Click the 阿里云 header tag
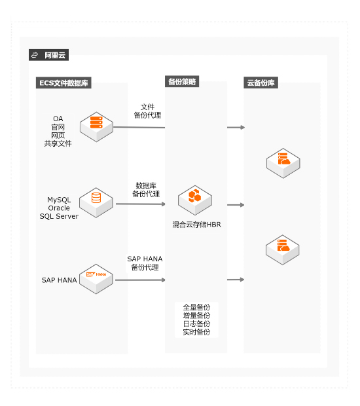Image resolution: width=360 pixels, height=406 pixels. [48, 55]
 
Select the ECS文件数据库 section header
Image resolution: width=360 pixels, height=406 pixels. [63, 83]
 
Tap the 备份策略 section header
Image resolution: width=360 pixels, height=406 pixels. [182, 82]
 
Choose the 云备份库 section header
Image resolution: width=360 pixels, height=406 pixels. [261, 83]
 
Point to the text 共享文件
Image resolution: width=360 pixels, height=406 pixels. [58, 143]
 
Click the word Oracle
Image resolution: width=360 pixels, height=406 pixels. [59, 208]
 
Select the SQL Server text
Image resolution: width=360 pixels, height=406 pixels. [59, 216]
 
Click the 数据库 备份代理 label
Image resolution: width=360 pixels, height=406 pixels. [146, 189]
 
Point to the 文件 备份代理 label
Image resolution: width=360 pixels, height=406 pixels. [147, 111]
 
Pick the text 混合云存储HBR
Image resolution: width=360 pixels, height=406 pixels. [197, 225]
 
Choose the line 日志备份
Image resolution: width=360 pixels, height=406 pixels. [197, 323]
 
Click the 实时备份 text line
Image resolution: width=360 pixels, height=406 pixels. [197, 332]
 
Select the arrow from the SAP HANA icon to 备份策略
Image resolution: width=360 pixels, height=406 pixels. [140, 280]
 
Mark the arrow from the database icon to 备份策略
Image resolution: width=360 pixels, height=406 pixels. [141, 204]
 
